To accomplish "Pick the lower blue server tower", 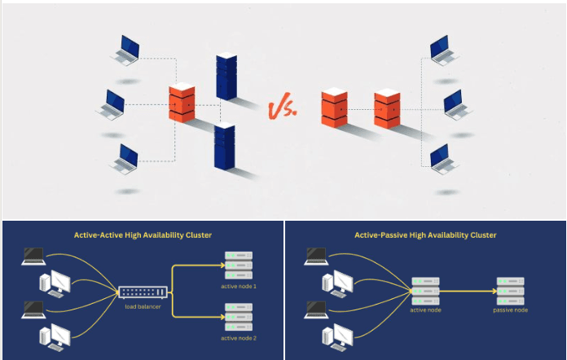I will (x=224, y=146).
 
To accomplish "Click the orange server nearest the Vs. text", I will (x=334, y=108).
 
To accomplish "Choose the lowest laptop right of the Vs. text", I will (x=441, y=159).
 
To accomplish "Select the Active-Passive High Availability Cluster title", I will (x=425, y=235).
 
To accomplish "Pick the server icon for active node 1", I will (x=239, y=266).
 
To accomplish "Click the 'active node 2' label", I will (x=239, y=337).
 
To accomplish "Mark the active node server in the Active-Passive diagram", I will (x=424, y=288).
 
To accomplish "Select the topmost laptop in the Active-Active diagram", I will (x=33, y=257).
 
